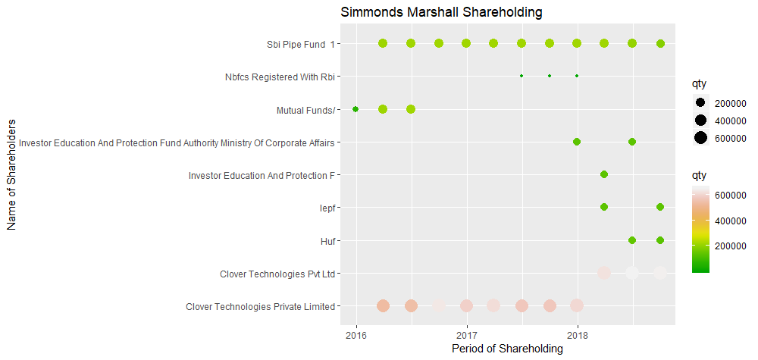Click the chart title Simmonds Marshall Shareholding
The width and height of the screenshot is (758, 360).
click(441, 13)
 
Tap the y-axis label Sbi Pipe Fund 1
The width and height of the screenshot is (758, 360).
click(295, 43)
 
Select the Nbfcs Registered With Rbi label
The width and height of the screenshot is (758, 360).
click(280, 77)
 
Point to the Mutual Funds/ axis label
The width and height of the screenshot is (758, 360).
click(305, 110)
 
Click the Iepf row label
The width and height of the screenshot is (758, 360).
click(327, 208)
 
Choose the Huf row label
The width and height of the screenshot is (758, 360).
click(328, 241)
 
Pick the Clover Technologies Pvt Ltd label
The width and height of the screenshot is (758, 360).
click(277, 274)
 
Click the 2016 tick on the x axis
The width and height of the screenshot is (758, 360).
click(356, 334)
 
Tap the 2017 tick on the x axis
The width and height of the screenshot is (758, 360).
click(466, 334)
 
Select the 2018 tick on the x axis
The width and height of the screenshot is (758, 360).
click(578, 334)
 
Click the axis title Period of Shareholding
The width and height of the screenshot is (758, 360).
click(507, 349)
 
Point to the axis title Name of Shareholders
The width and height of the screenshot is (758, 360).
click(11, 174)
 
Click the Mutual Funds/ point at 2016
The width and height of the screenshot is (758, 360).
click(356, 109)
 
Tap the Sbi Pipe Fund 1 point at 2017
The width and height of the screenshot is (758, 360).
click(466, 43)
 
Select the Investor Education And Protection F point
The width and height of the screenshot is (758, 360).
click(604, 174)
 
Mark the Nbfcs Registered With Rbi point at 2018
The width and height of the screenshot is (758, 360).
click(577, 76)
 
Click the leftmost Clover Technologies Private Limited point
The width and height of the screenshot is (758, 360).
click(383, 305)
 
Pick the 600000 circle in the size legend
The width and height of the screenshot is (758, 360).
click(700, 137)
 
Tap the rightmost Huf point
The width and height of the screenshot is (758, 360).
click(660, 240)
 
